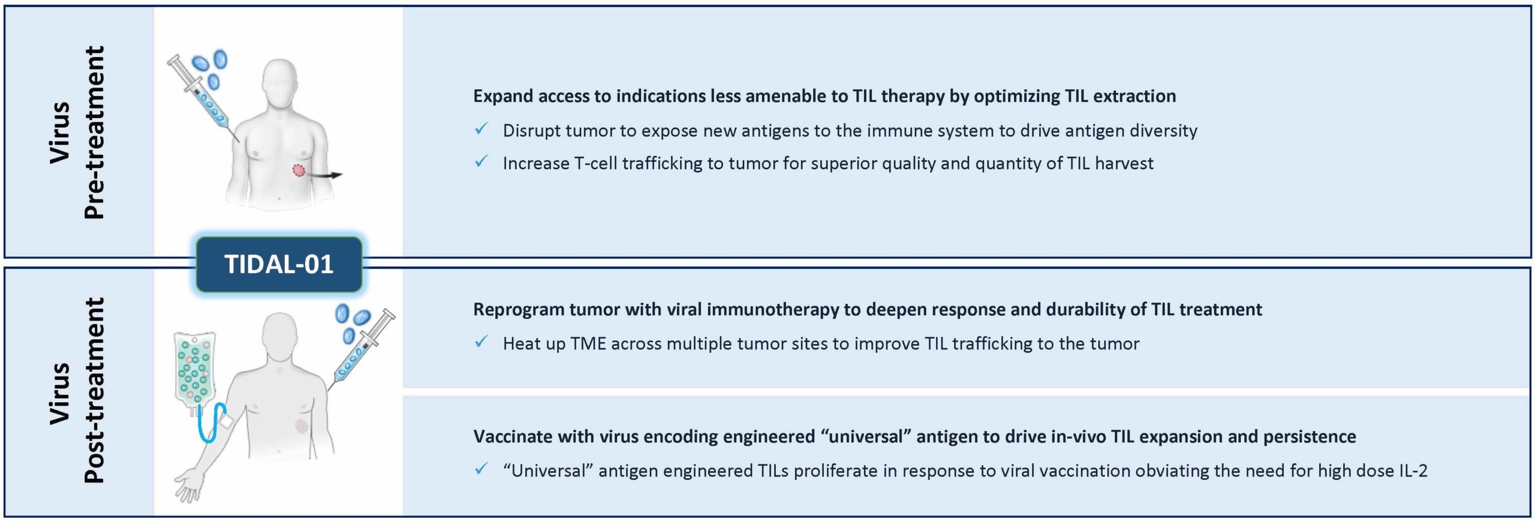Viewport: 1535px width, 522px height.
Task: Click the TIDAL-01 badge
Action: click(279, 264)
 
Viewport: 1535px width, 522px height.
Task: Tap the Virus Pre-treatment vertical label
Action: click(77, 132)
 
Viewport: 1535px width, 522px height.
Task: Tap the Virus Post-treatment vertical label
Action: click(77, 390)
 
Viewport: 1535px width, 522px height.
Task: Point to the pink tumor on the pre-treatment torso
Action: click(299, 171)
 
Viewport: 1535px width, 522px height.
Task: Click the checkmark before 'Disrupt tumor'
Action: click(481, 129)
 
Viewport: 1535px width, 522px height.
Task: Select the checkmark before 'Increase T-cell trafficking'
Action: click(481, 162)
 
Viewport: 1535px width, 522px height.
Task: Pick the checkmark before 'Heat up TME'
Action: click(481, 342)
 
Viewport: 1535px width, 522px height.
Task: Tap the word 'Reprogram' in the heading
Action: click(518, 310)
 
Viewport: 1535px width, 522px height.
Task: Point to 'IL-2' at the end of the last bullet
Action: click(1412, 471)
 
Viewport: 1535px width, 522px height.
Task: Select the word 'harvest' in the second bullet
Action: click(1124, 164)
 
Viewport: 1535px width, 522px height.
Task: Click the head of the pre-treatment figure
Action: click(281, 83)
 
